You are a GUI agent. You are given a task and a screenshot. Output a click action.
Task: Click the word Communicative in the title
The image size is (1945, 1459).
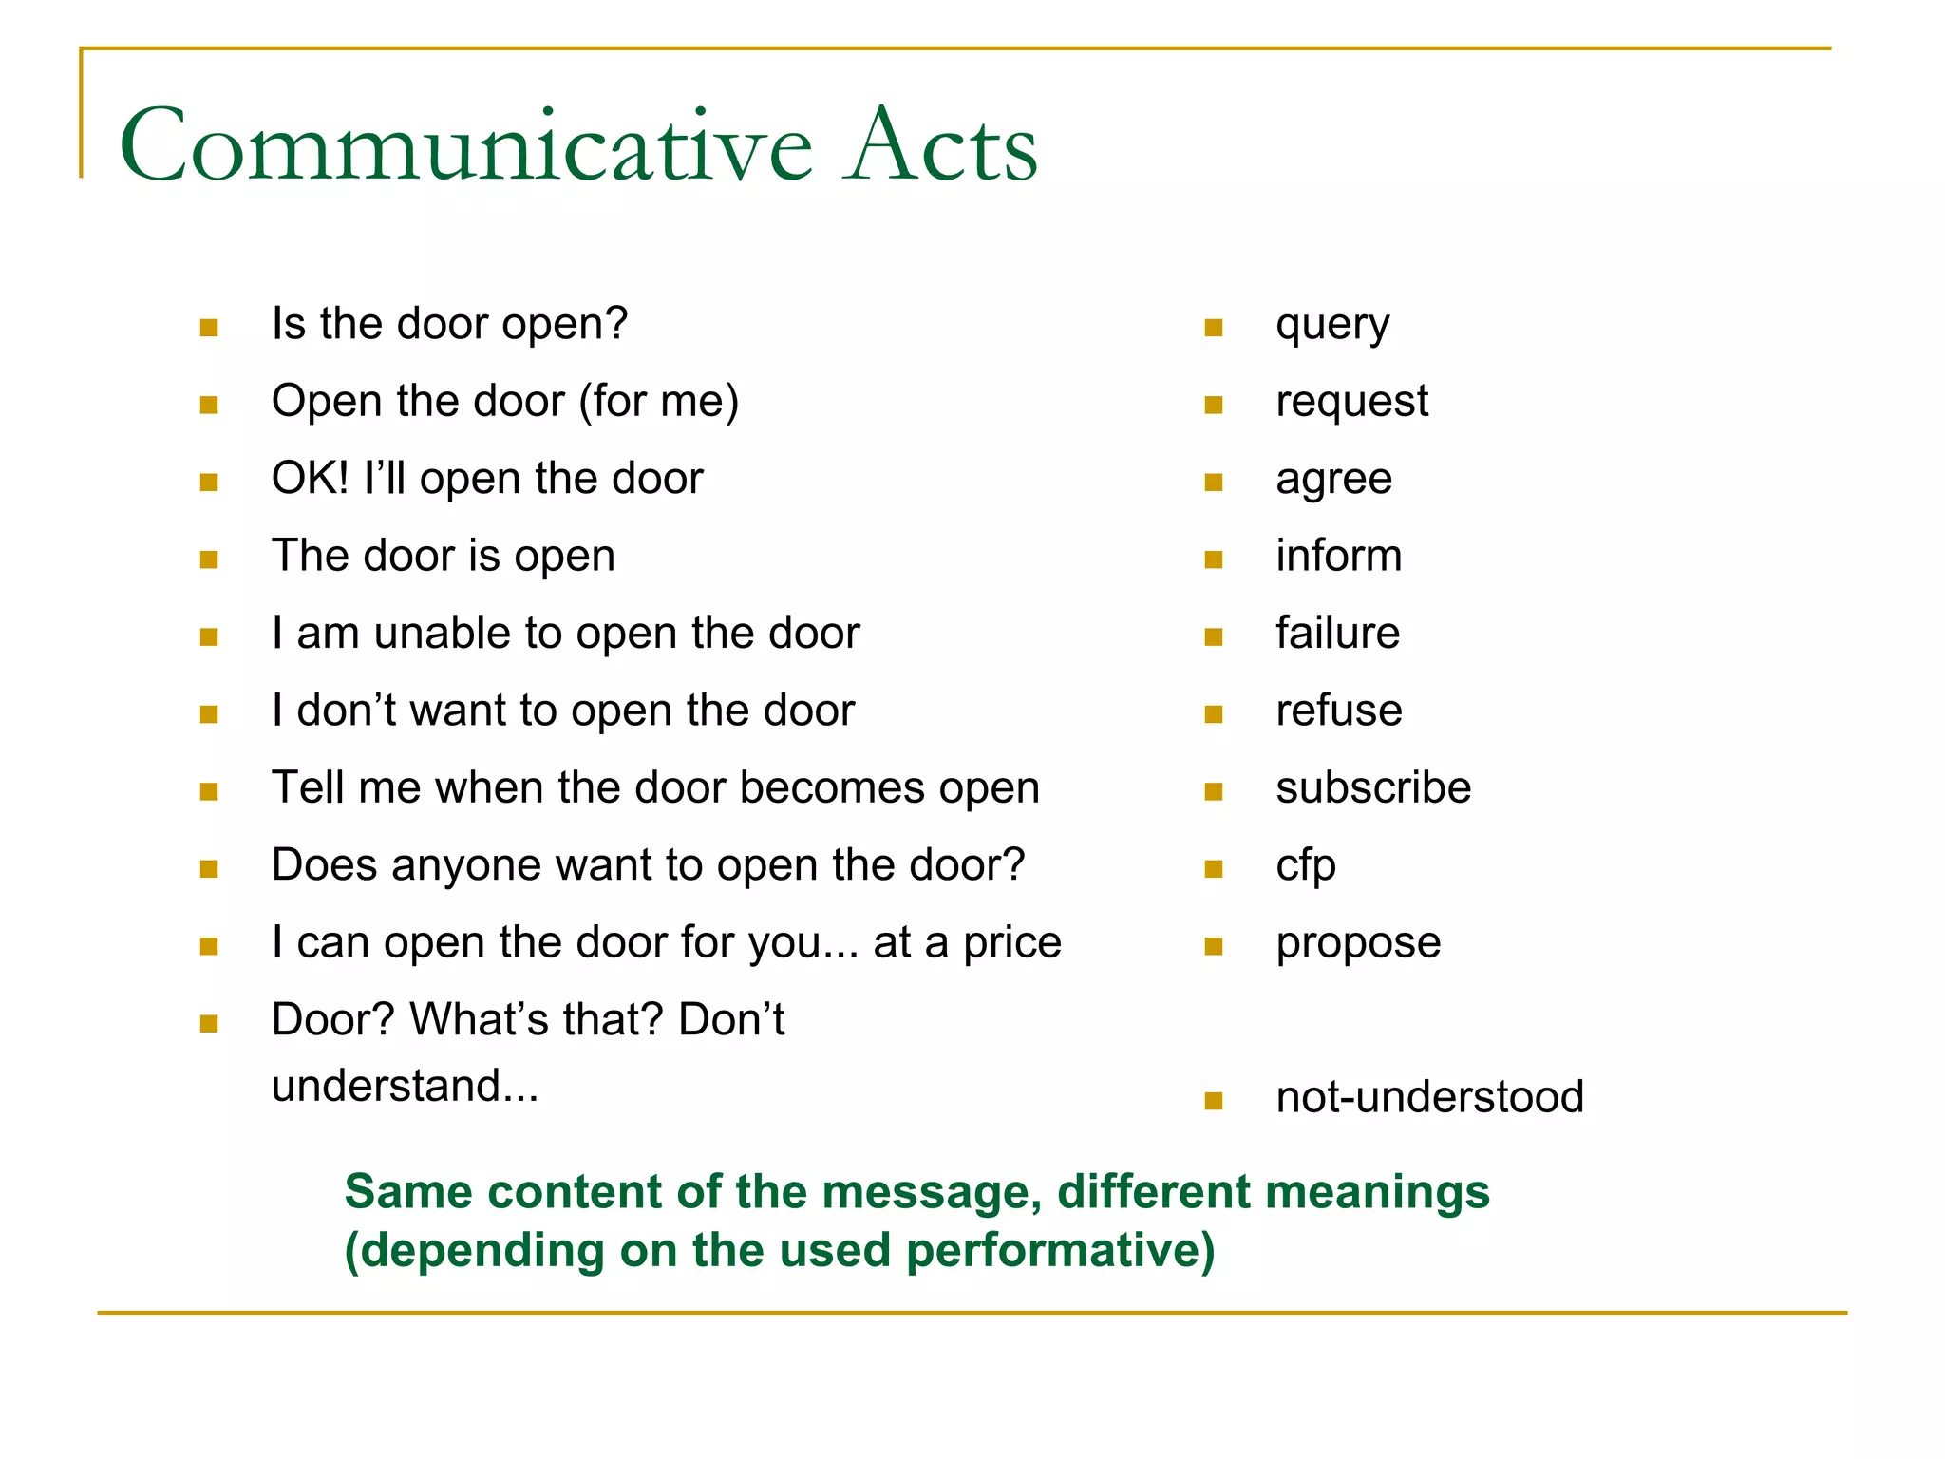point(465,147)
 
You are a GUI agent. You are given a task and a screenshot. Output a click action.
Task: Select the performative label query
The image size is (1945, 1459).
point(1331,326)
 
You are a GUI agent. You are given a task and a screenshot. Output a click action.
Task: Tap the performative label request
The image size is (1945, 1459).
point(1350,403)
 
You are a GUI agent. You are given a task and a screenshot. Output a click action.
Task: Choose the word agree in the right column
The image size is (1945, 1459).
point(1332,480)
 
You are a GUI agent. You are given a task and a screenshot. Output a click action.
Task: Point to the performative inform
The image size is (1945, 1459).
point(1337,556)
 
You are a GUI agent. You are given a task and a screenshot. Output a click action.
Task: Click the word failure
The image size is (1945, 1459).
point(1336,633)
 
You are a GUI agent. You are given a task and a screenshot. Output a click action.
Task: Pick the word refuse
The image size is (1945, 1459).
point(1338,711)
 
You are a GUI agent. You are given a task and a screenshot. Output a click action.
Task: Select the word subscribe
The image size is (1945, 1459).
point(1372,787)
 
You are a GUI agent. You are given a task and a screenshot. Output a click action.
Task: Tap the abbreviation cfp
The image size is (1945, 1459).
point(1305,866)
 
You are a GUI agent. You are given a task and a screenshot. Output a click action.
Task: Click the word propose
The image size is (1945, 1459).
point(1357,944)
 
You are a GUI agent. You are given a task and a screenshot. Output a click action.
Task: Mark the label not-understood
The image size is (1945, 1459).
point(1428,1097)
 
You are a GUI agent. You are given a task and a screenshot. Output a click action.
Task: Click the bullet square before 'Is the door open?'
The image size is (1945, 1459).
point(209,328)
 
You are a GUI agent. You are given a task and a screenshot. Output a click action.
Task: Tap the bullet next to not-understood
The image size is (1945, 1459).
point(1213,1101)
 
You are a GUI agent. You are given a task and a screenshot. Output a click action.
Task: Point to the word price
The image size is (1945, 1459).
point(1011,944)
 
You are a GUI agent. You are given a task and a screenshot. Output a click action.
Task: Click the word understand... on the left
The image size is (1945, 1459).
point(405,1086)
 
